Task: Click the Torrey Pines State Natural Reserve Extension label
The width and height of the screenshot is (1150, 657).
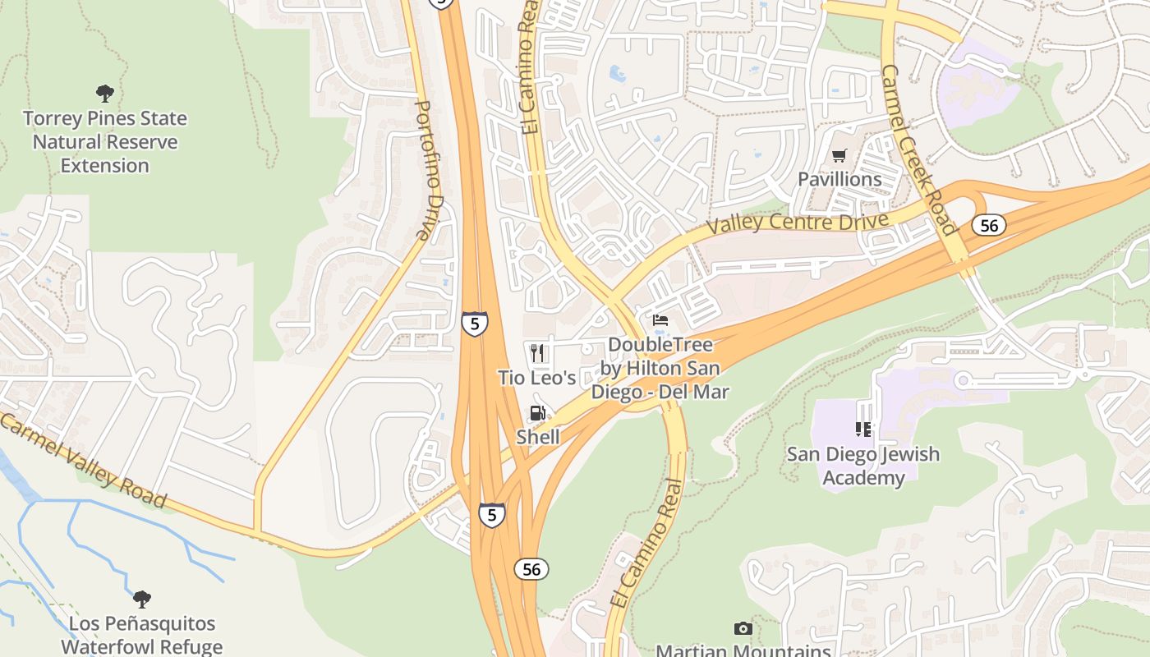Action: tap(105, 142)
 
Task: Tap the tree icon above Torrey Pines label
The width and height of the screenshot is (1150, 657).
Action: tap(105, 94)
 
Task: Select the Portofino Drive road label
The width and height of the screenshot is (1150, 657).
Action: tap(424, 170)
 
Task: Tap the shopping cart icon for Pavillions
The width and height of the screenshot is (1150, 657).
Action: tap(839, 156)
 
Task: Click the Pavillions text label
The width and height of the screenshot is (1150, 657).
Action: tap(839, 179)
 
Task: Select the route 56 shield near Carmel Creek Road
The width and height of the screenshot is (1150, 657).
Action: tap(990, 225)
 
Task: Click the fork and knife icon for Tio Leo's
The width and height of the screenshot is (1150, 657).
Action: tap(537, 354)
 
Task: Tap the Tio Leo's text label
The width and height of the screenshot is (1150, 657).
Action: tap(537, 378)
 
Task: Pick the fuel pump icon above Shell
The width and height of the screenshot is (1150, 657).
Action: tap(537, 414)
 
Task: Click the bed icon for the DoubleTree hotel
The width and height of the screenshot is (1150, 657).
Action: tap(660, 320)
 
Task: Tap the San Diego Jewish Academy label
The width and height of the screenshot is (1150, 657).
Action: tap(862, 466)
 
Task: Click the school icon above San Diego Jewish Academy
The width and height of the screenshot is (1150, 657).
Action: tap(862, 430)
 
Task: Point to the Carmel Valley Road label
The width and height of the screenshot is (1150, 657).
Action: tap(82, 462)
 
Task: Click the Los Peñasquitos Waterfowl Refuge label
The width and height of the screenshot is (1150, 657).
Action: tap(141, 635)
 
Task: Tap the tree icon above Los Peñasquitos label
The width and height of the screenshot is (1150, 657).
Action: tap(142, 599)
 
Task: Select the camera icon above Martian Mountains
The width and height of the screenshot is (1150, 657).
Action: tap(743, 629)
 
